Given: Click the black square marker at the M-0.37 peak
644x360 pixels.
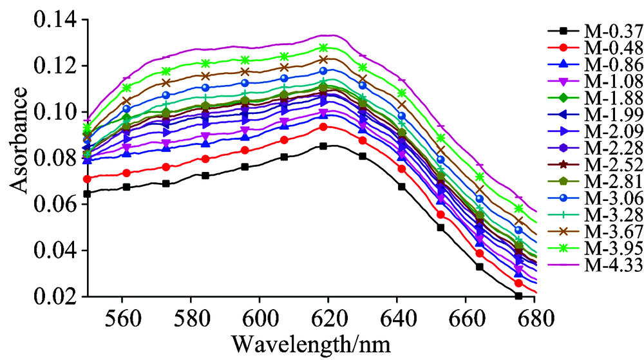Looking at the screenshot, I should [x=323, y=146].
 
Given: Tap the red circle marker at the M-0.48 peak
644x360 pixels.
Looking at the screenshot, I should [x=323, y=127].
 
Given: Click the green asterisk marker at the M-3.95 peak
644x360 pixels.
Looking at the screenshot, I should [x=323, y=48].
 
